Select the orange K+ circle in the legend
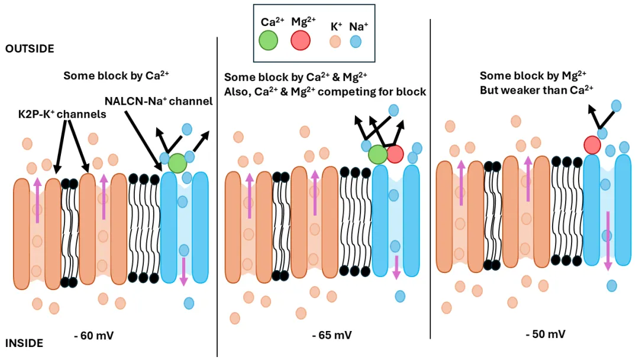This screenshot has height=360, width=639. click(x=335, y=41)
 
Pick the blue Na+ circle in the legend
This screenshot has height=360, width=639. click(x=356, y=41)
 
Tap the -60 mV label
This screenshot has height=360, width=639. click(x=93, y=336)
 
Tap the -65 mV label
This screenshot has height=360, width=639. click(x=332, y=335)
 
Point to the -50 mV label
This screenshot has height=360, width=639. click(x=545, y=334)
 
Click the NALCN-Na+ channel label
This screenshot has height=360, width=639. click(x=158, y=101)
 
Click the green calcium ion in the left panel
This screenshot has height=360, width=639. click(x=177, y=162)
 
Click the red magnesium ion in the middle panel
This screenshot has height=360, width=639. click(x=395, y=154)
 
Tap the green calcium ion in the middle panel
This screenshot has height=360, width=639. click(x=377, y=155)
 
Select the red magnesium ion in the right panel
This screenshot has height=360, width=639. click(x=592, y=144)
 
